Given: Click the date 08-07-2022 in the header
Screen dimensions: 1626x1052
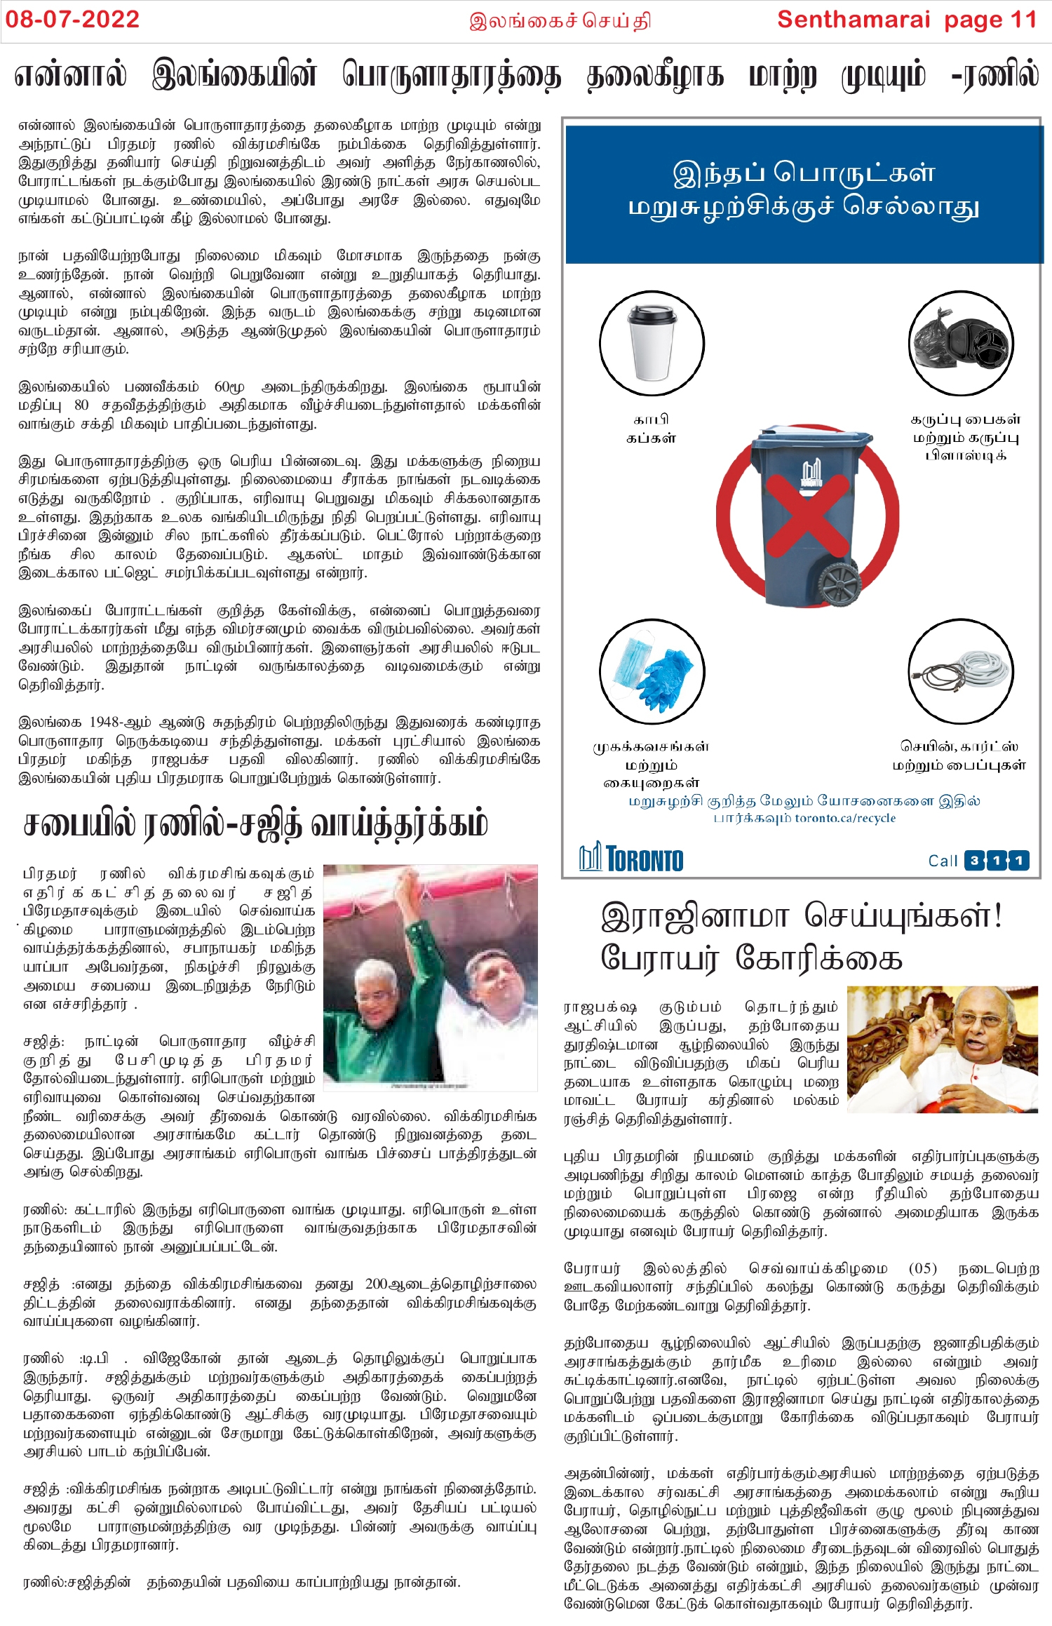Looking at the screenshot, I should [x=72, y=20].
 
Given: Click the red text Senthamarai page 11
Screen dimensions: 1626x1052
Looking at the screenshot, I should [x=906, y=20].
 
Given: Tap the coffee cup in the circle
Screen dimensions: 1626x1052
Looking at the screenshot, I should [x=652, y=344].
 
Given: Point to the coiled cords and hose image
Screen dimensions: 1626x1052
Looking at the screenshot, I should [x=960, y=671].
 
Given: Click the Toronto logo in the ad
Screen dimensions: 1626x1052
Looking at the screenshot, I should [x=631, y=859].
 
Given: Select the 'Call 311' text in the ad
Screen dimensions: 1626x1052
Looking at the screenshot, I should [x=978, y=860].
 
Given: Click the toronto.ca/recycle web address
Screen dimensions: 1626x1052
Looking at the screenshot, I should [x=845, y=819].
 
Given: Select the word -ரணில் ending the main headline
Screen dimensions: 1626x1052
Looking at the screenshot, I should [x=995, y=76].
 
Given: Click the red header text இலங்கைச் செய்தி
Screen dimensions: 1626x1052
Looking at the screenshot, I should [x=560, y=20].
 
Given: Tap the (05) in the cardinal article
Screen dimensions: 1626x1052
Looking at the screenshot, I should [x=922, y=1268].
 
